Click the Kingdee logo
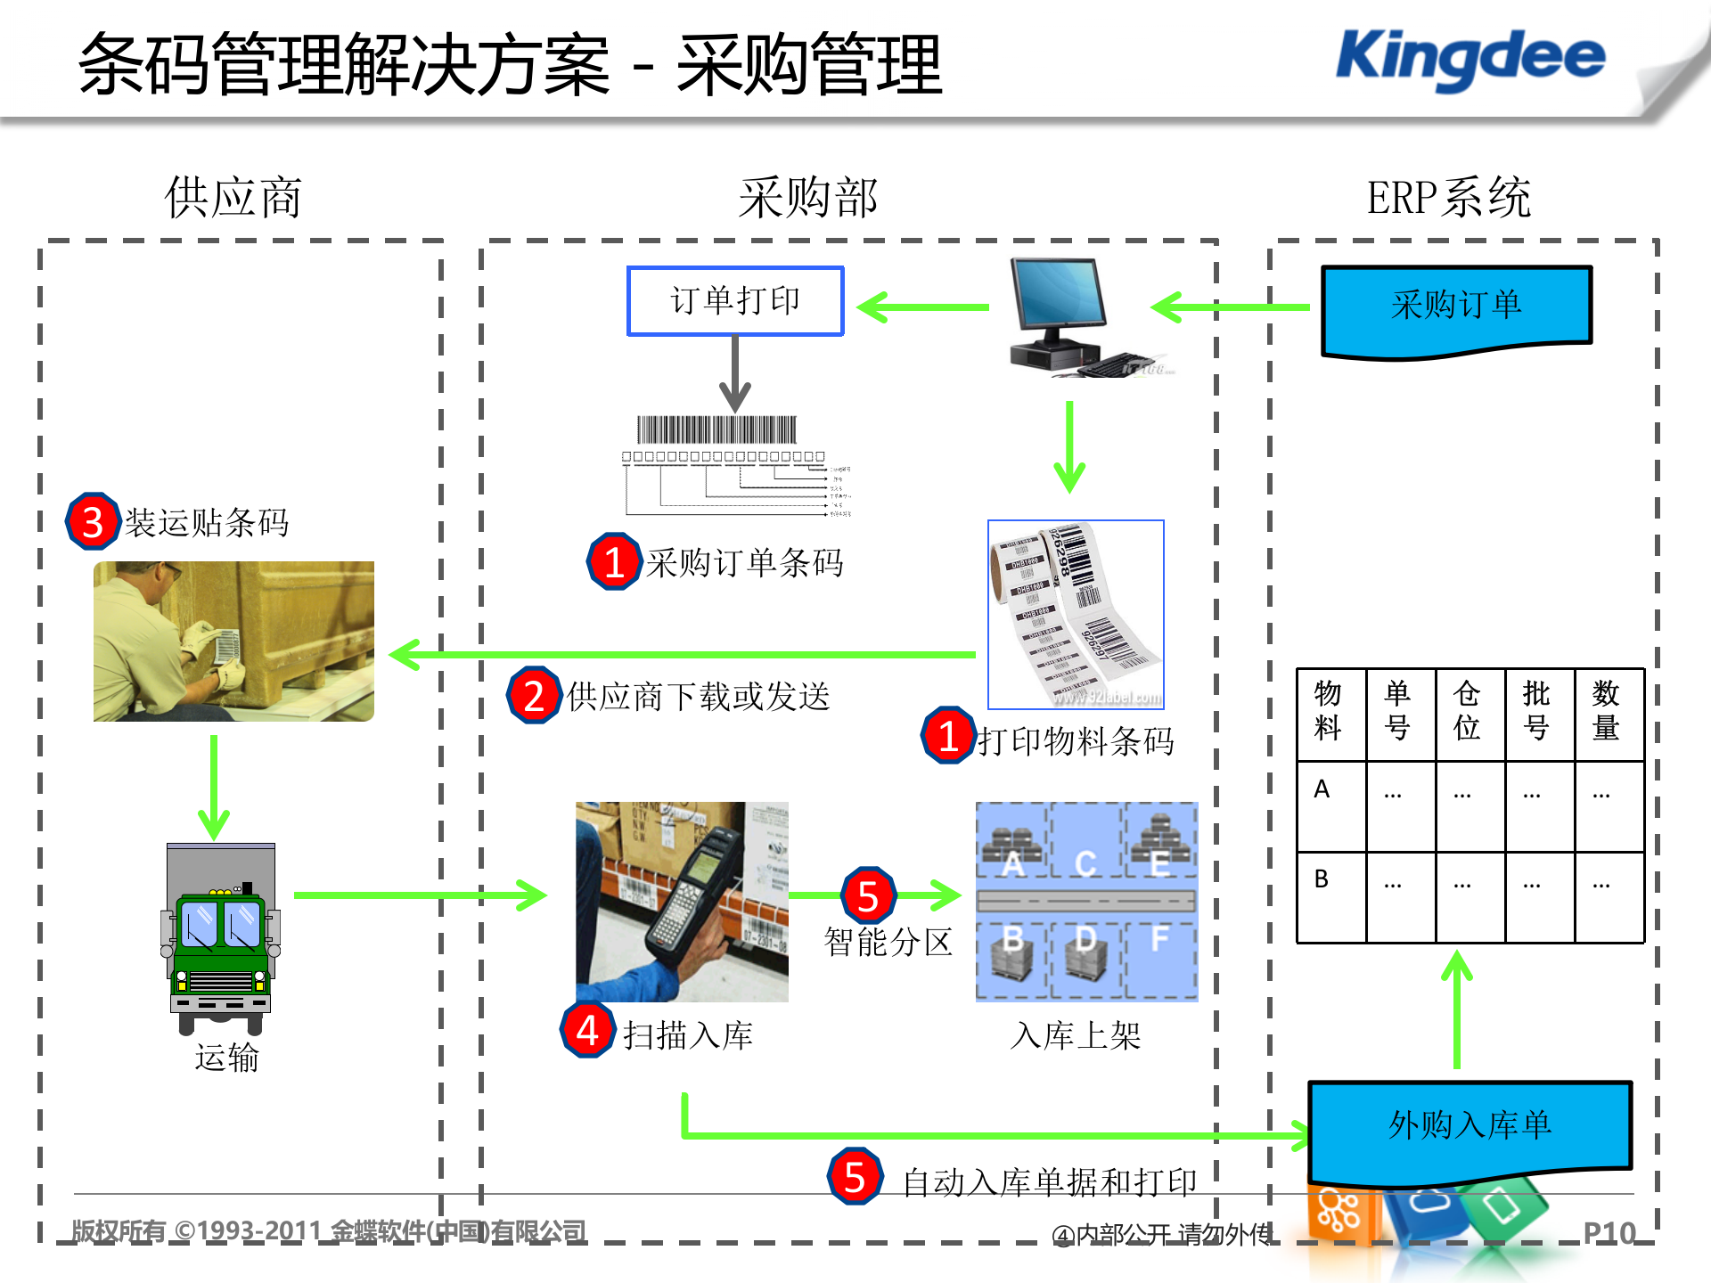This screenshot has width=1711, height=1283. point(1470,58)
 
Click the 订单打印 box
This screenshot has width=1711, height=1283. point(735,301)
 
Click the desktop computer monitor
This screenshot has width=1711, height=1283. point(1058,294)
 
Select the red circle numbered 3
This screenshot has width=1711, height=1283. point(93,522)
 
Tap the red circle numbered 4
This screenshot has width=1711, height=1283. point(587,1031)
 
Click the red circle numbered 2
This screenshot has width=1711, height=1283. point(534,696)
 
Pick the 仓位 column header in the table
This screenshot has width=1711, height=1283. point(1467,711)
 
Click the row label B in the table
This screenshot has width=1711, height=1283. point(1322,879)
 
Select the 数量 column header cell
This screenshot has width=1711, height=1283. point(1606,711)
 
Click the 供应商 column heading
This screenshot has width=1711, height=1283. point(233,198)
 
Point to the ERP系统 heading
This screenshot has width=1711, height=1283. point(1448,198)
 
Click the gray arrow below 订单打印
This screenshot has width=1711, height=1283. point(735,374)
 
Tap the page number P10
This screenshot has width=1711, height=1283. point(1609,1233)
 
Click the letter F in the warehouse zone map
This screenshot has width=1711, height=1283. point(1159,938)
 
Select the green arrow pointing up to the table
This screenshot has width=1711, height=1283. point(1457,1007)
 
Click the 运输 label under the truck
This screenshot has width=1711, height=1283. point(227,1058)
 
